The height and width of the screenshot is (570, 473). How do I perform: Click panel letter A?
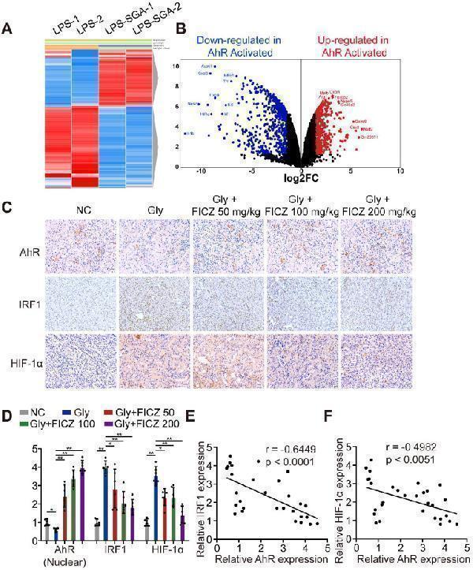tap(7, 29)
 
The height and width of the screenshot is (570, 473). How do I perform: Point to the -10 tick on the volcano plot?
tap(202, 170)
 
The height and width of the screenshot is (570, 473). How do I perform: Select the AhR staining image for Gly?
tap(153, 245)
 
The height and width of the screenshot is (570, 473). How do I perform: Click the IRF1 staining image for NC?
tap(79, 304)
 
